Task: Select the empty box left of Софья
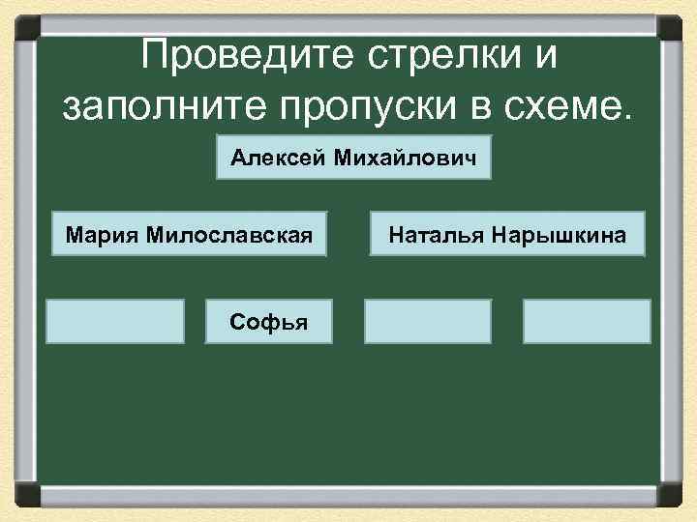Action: [117, 321]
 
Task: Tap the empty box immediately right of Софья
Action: [427, 321]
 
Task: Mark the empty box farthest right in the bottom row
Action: [587, 321]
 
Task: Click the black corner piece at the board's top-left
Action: [24, 24]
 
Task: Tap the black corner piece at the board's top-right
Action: [672, 24]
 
